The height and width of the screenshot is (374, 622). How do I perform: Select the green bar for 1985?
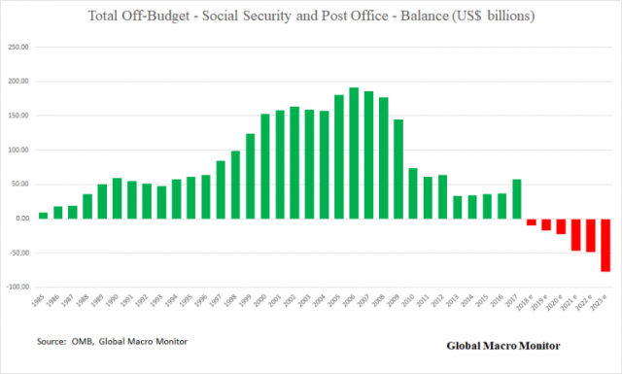(43, 215)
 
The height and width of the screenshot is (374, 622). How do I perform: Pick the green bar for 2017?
(516, 199)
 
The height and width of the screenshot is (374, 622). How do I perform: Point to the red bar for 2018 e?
(531, 222)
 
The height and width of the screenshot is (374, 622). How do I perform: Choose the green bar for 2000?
(264, 166)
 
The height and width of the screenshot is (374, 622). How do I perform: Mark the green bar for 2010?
(412, 193)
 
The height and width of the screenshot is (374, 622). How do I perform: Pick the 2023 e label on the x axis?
(603, 306)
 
